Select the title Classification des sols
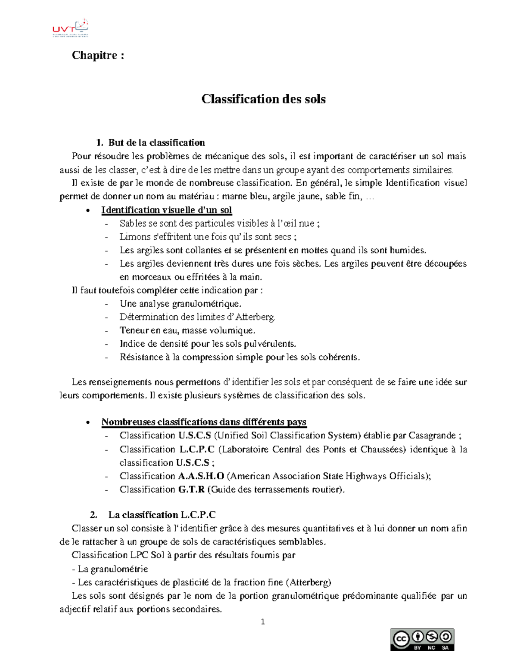(263, 99)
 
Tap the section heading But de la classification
(156, 142)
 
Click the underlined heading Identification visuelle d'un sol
(166, 210)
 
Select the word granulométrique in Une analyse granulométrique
(206, 304)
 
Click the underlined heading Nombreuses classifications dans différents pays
(204, 422)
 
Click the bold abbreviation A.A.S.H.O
(201, 476)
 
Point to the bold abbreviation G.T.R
(191, 489)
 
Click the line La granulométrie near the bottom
(110, 569)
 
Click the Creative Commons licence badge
(422, 640)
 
